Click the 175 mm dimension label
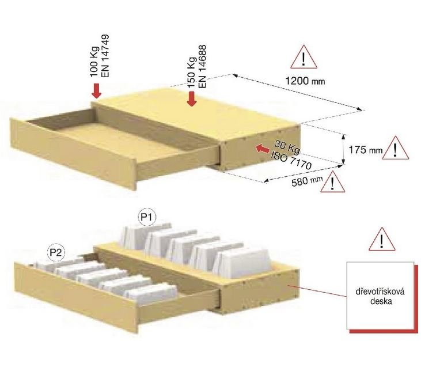366,150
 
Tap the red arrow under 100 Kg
96,90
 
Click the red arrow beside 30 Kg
262,149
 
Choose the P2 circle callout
56,252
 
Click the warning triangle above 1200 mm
304,58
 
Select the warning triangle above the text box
381,240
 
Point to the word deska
380,301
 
